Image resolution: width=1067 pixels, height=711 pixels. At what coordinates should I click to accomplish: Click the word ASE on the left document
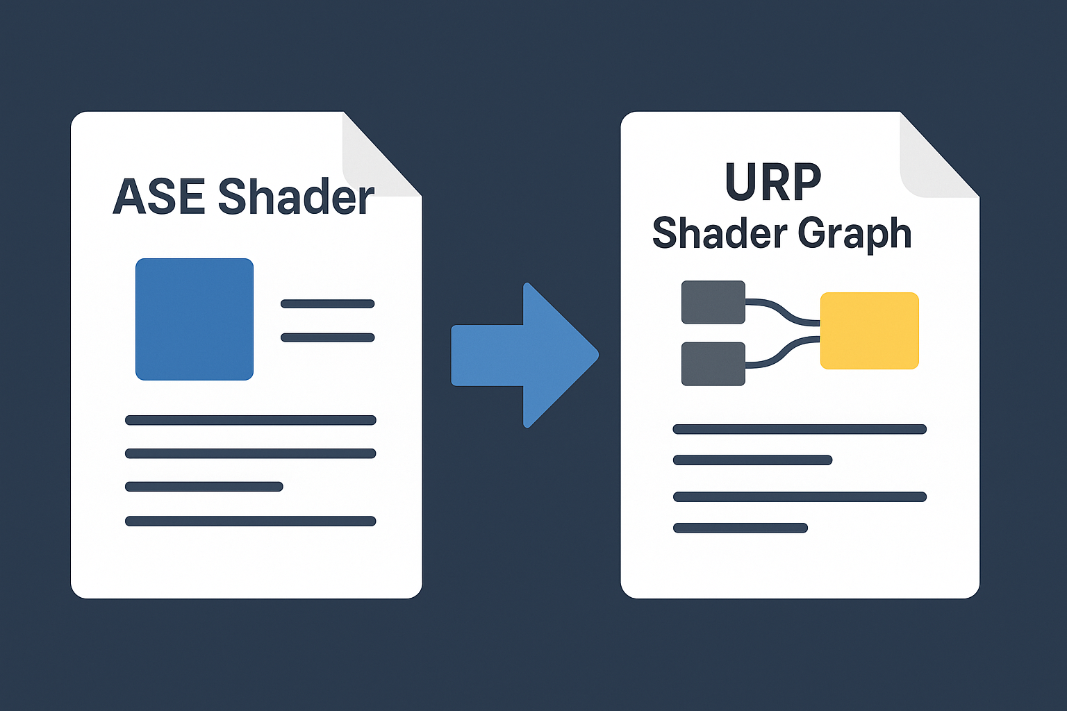[x=158, y=197]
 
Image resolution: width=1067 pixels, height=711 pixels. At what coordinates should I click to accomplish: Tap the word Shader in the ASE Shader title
[x=296, y=197]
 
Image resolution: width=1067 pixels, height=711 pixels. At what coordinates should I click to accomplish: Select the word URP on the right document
[x=772, y=183]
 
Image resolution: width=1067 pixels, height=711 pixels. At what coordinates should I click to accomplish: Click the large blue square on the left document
[x=195, y=319]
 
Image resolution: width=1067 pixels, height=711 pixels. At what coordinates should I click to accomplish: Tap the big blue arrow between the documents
[x=525, y=355]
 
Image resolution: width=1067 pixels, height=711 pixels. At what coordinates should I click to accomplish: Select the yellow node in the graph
[x=870, y=331]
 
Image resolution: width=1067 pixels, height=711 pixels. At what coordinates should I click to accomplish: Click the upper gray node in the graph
[x=713, y=302]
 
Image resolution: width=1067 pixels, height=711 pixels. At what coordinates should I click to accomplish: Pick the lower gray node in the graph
[x=713, y=364]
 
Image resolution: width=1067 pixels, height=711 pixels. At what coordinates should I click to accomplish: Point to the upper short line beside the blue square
[x=327, y=303]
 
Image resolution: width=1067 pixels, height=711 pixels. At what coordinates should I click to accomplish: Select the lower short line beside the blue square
[x=327, y=337]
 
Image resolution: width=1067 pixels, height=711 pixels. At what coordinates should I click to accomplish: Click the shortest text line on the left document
[x=204, y=487]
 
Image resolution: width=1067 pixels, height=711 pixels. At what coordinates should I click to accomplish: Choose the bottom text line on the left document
[x=250, y=521]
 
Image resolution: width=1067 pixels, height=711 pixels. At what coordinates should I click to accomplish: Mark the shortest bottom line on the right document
[x=741, y=528]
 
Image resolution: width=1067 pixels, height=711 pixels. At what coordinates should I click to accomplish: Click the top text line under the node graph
[x=800, y=429]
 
